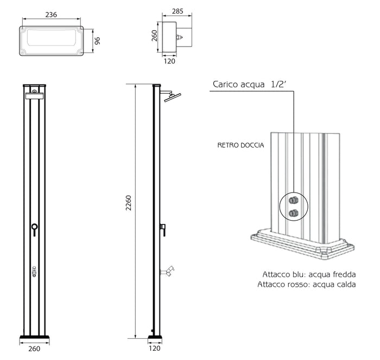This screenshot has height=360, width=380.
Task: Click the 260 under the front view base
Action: (34, 349)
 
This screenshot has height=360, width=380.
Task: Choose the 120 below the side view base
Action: (156, 349)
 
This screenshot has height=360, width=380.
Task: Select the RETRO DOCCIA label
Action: (241, 145)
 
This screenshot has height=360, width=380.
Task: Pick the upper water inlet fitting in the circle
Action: (294, 201)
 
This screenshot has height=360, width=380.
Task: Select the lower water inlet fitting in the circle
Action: (294, 213)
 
